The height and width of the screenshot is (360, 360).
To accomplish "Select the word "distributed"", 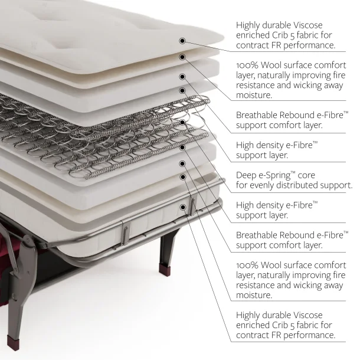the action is click(297, 185).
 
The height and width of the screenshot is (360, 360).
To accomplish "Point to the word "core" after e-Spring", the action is click(306, 176).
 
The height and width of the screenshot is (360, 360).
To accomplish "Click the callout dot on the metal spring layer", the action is click(182, 122).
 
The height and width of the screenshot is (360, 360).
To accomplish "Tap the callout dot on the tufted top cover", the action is click(182, 41).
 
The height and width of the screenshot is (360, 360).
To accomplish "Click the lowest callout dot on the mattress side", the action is click(183, 207).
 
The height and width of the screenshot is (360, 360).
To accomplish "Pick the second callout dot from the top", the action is click(182, 57).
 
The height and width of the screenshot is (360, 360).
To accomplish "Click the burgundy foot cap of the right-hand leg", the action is click(165, 268).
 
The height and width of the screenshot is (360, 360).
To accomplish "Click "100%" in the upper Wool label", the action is click(247, 66).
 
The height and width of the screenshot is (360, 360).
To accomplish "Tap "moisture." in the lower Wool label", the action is click(254, 295).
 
